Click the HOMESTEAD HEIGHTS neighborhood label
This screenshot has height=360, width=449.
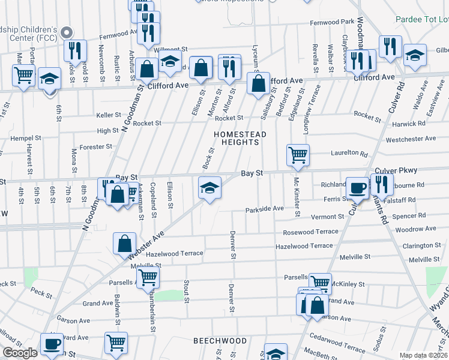pos(237,137)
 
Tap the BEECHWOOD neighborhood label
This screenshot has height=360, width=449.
pos(220,341)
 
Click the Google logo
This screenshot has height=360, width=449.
pos(20,353)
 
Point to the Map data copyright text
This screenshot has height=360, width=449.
pos(424,355)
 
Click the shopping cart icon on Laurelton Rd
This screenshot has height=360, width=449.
pos(298,155)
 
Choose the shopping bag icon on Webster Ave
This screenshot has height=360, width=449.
pos(124,244)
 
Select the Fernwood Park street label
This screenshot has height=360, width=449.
pos(332,22)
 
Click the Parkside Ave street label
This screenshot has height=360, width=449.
pos(264,209)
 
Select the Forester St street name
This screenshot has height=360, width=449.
pos(96,146)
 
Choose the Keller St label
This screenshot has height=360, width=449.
pos(109,115)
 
